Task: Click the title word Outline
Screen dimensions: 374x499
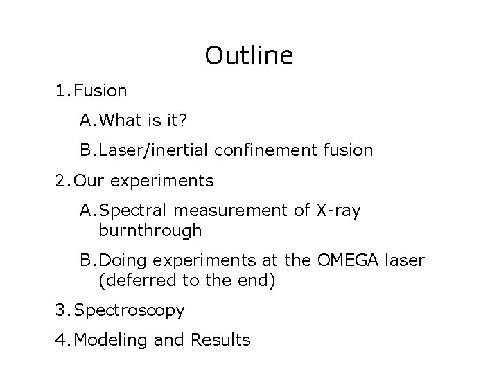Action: pos(249,55)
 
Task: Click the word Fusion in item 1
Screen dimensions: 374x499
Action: pos(100,91)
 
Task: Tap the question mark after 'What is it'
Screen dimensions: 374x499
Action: pos(182,121)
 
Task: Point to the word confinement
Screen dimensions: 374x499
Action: pos(263,150)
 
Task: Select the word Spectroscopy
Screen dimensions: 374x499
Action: pos(129,310)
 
